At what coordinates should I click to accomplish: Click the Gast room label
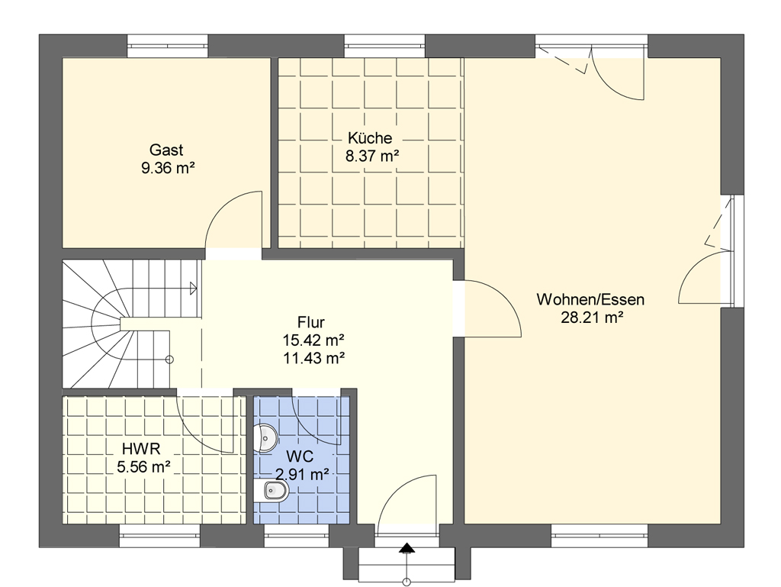point(166,150)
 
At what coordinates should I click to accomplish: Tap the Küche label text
point(370,137)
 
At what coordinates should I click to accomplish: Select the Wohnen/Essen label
point(590,299)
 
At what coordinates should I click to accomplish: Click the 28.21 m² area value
point(592,317)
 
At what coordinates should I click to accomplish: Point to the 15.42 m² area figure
point(313,340)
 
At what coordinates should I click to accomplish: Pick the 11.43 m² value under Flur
point(313,357)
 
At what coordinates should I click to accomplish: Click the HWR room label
point(141,449)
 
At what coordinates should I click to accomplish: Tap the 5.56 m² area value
point(144,467)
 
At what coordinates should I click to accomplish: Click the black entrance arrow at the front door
point(407,548)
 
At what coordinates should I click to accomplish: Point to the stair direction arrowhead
point(193,288)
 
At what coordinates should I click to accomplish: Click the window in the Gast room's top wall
point(167,46)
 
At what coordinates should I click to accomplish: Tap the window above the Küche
point(384,46)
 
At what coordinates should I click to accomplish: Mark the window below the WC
point(297,536)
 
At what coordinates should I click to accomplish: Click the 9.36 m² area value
point(168,167)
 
